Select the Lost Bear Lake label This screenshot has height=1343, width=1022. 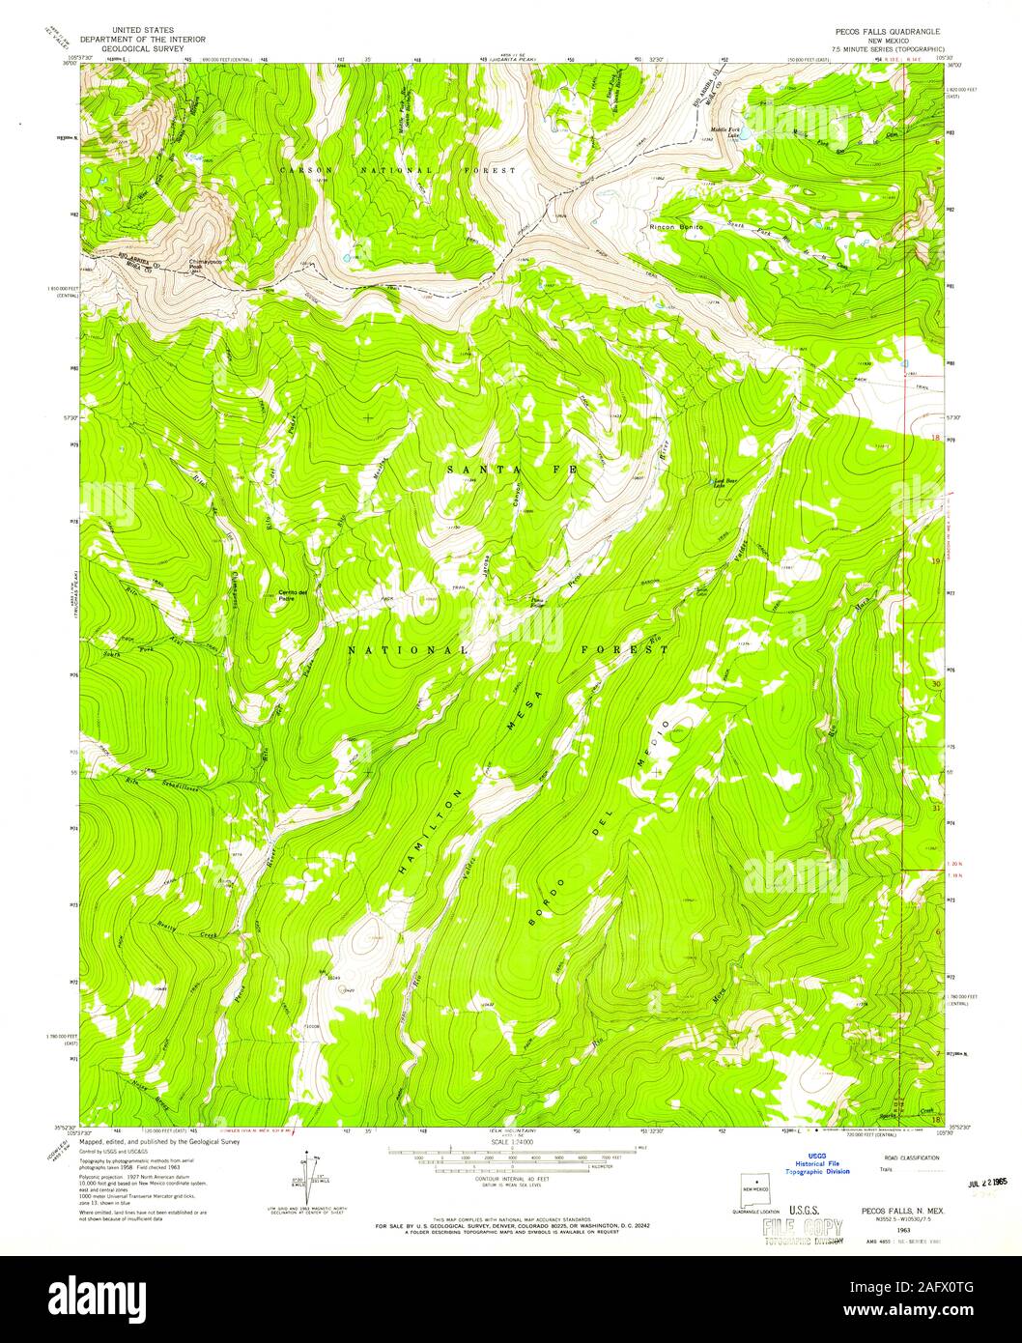click(724, 483)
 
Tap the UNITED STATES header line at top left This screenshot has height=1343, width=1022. click(142, 31)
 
